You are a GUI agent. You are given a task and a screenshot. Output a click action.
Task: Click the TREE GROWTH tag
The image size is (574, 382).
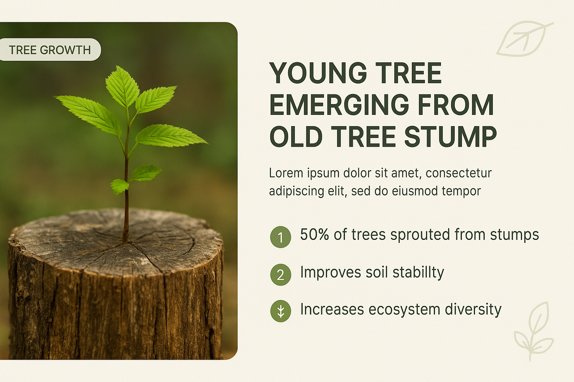[x=50, y=50]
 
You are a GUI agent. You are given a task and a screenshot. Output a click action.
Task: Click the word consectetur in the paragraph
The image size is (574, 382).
[x=459, y=173]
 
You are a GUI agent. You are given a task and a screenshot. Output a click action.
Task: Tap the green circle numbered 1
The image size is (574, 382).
[x=280, y=237]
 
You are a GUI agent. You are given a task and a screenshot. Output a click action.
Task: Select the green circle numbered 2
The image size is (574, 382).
[x=280, y=275]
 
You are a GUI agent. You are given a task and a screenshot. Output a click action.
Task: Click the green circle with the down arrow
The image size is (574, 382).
[x=280, y=311]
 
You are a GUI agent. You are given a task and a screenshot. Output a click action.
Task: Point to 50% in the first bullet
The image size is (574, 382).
[x=314, y=234]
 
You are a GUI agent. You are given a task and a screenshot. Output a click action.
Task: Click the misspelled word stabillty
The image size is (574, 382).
[x=418, y=272]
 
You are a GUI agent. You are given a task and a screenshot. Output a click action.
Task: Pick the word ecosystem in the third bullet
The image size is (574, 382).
[x=404, y=310]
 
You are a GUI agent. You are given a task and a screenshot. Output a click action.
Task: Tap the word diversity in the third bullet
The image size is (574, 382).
[x=473, y=310]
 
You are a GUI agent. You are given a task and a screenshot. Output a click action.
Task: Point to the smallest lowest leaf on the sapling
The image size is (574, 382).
[x=120, y=186]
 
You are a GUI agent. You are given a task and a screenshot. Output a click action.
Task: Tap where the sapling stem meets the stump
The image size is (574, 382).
[x=126, y=241]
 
